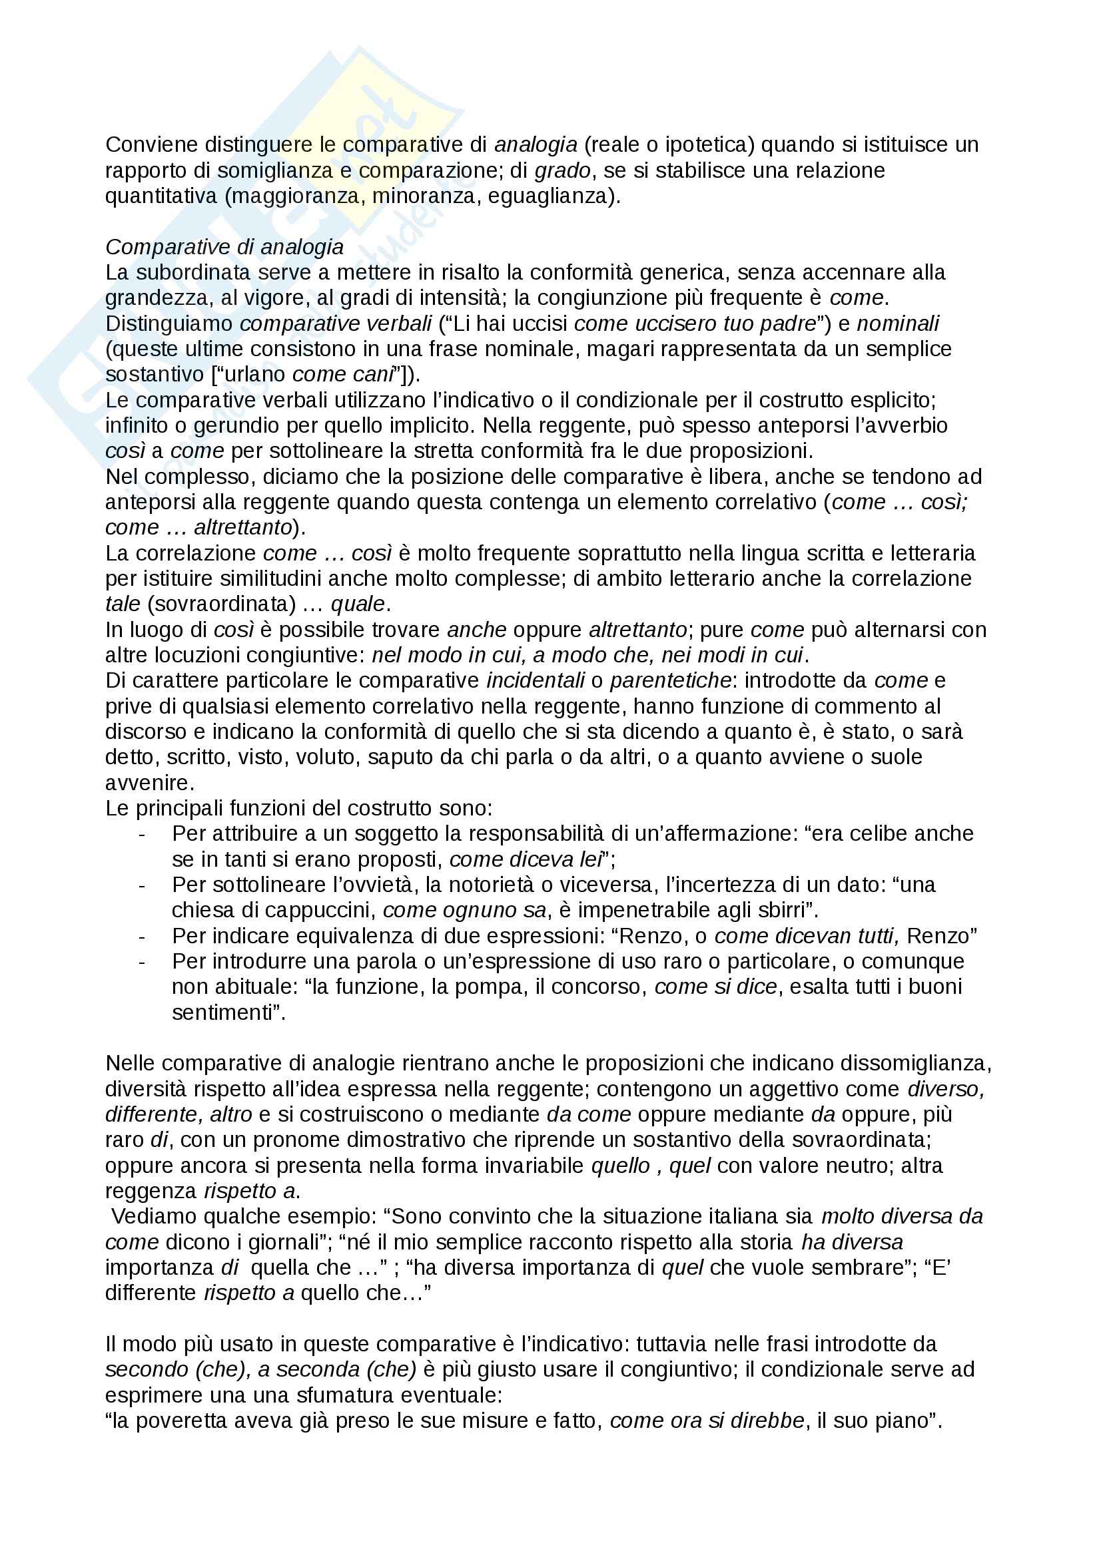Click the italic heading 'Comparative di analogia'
tap(224, 247)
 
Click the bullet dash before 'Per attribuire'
tap(142, 833)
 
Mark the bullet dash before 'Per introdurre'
tap(142, 962)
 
